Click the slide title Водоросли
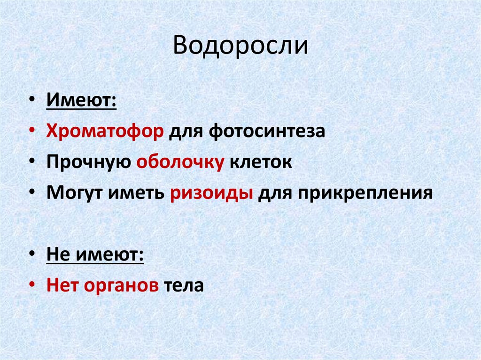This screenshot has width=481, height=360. tap(240, 47)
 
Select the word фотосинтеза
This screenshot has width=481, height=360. tap(266, 131)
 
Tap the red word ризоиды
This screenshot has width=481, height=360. tap(211, 193)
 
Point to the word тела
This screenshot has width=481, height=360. tap(184, 285)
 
